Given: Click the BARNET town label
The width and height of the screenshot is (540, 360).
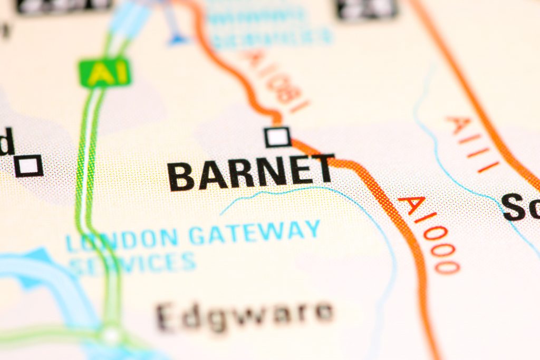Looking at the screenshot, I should [251, 172].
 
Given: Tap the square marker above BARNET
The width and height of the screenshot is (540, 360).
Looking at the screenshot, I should [278, 137].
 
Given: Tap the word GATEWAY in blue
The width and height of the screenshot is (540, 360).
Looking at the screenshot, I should [255, 232].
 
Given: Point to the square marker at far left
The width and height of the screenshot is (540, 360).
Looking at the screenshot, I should [28, 166].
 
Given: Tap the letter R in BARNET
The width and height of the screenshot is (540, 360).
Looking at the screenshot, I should [232, 174].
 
